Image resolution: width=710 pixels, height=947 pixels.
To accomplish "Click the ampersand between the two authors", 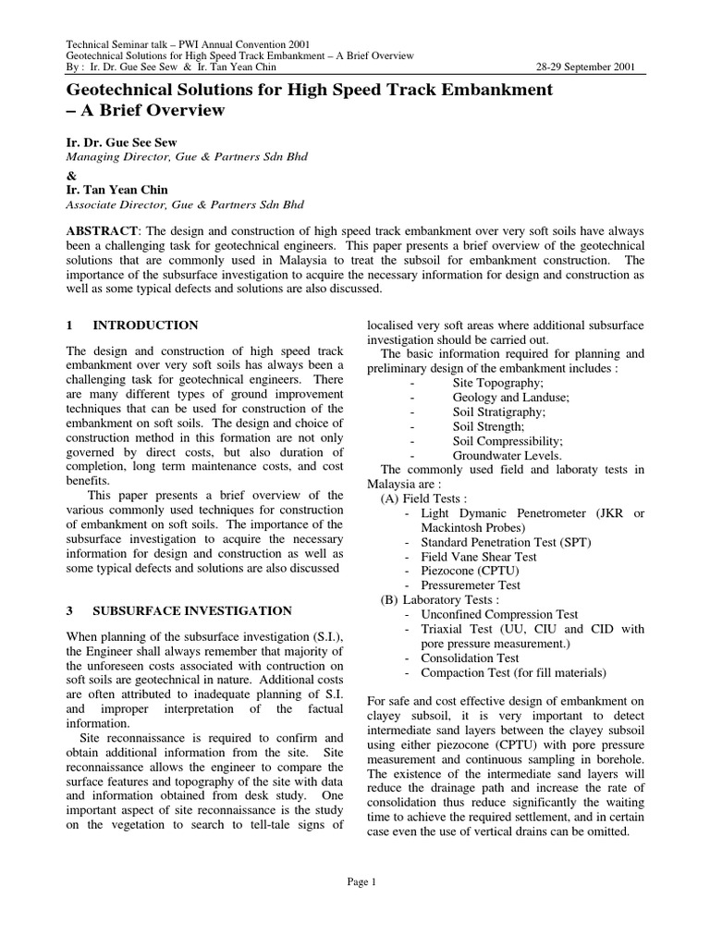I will (x=70, y=174).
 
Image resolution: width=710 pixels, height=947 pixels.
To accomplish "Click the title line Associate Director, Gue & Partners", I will (x=184, y=204).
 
